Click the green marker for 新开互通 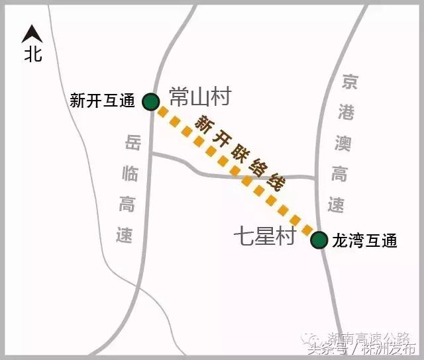[x=151, y=101]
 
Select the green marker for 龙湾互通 [x=319, y=240]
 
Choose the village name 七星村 [x=263, y=236]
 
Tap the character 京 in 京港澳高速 [x=349, y=82]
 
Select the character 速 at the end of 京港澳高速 [x=337, y=205]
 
